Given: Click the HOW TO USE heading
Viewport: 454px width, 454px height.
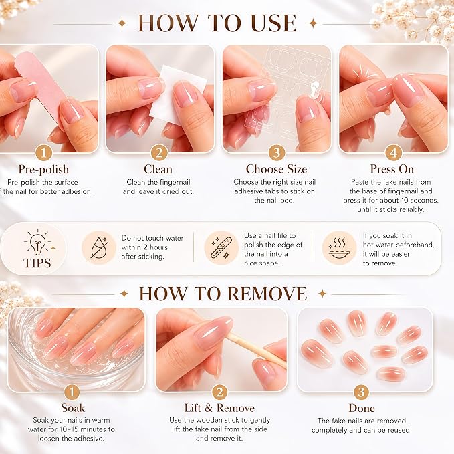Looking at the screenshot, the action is [217, 23].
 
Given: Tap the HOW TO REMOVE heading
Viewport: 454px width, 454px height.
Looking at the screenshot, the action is [223, 294].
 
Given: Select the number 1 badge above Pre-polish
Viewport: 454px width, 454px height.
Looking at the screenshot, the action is [43, 152].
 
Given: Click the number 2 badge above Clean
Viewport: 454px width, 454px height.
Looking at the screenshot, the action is [159, 152].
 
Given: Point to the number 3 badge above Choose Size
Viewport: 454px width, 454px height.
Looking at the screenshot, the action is [277, 152].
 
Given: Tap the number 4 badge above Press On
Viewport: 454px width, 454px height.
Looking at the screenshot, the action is [393, 152].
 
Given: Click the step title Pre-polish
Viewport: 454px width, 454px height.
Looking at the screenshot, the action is [43, 170].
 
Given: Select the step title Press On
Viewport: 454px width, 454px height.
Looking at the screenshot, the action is [392, 169].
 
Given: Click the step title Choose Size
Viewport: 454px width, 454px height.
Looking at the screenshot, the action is [276, 169].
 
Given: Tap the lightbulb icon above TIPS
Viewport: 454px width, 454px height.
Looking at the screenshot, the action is [38, 242].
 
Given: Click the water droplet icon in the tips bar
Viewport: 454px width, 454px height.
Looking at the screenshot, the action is [99, 247].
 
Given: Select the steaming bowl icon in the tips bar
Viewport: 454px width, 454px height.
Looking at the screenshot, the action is [339, 248].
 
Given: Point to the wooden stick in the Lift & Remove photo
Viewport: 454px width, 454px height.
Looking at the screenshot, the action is [255, 350].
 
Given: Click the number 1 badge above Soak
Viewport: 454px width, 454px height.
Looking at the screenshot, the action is [72, 392].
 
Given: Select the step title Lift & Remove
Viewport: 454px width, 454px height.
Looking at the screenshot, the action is [219, 408].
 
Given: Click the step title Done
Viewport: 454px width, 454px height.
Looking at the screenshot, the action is [362, 408].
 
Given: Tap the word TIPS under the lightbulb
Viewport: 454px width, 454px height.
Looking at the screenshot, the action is [37, 263].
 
